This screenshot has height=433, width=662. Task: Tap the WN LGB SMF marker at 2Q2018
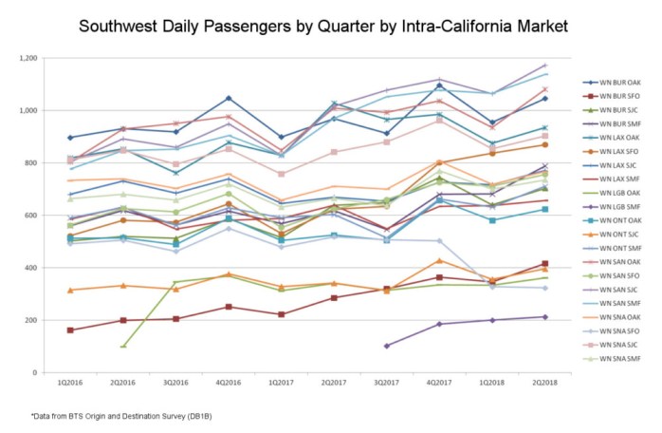point(544,317)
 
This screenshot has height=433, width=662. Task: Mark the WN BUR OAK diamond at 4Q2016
point(229,99)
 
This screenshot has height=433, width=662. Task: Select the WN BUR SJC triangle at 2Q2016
point(123,346)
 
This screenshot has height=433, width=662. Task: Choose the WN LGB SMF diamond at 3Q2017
point(387,346)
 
